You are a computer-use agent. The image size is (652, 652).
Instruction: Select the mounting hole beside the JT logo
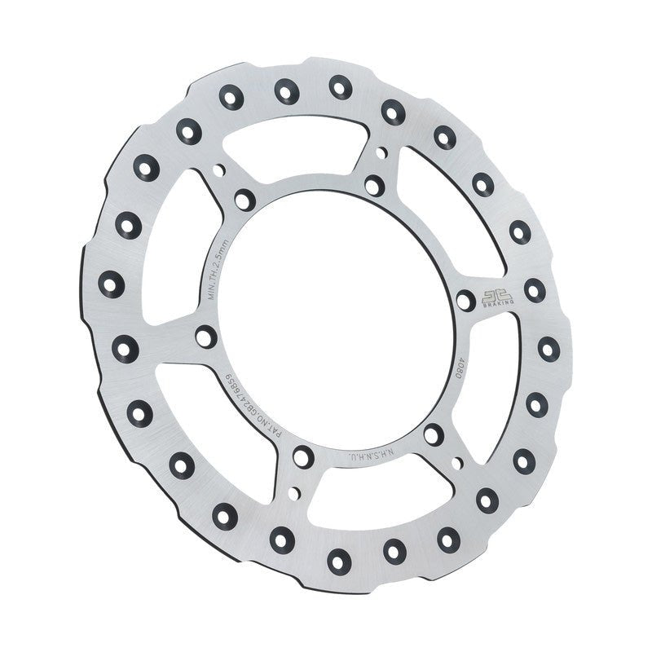pyautogui.click(x=465, y=301)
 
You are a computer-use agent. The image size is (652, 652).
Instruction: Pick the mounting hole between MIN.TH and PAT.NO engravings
pyautogui.click(x=206, y=335)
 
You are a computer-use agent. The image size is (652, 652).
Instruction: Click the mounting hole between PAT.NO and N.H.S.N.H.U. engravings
pyautogui.click(x=302, y=456)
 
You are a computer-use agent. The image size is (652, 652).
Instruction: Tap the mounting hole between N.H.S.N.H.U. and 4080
pyautogui.click(x=434, y=435)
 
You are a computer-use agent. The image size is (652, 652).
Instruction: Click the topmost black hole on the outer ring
pyautogui.click(x=340, y=86)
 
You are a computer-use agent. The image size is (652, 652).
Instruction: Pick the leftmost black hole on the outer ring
pyautogui.click(x=111, y=284)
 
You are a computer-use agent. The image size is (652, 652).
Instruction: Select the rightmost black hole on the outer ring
pyautogui.click(x=548, y=347)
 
